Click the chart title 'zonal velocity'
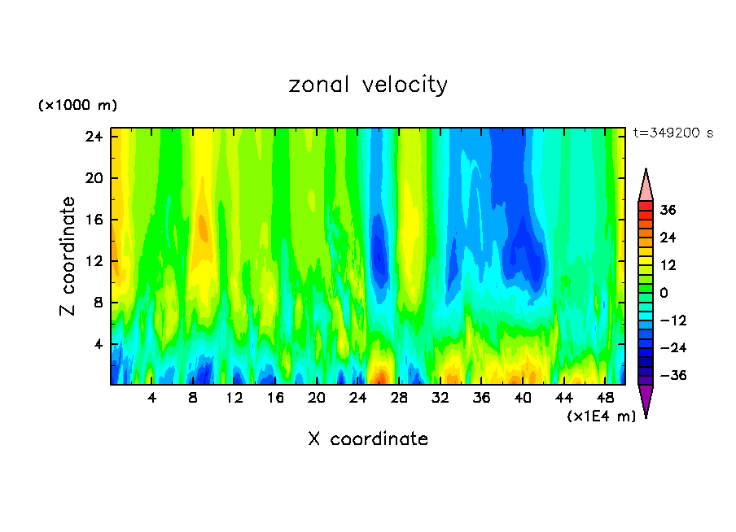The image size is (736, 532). coord(368,85)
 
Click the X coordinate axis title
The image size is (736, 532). coord(368,439)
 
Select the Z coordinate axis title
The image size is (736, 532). coord(68,256)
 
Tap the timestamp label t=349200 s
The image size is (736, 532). coord(672,133)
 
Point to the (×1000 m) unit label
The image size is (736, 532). coord(77,106)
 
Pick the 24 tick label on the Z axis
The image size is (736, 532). coord(93,137)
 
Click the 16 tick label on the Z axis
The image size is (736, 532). coord(93,220)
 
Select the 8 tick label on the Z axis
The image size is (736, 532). coord(96,303)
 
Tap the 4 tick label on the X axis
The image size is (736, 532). coord(151,398)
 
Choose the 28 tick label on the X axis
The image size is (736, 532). coord(399,398)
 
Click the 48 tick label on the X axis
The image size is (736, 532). coord(606,398)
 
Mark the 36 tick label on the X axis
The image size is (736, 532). coord(482,398)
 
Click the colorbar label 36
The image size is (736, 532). coord(668,210)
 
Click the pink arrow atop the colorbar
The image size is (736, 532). coord(646,185)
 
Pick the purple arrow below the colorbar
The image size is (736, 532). coord(646,400)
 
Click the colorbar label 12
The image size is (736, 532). coord(668,265)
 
